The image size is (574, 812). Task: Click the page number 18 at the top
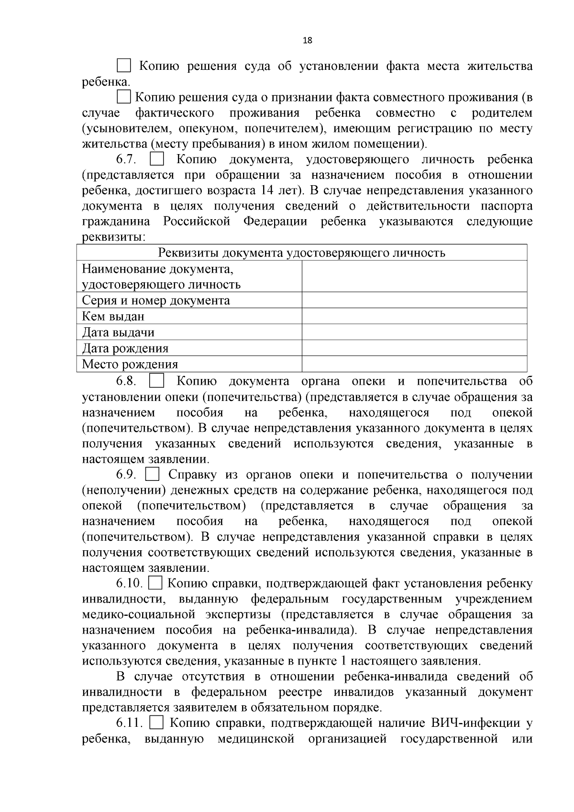[307, 41]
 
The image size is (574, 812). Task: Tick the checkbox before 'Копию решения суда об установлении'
[124, 66]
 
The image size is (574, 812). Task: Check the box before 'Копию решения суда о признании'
[124, 97]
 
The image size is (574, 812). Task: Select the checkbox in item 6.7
[156, 159]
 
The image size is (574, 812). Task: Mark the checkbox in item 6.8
[156, 381]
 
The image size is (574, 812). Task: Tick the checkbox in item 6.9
[152, 474]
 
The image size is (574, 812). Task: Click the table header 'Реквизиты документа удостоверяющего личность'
[301, 253]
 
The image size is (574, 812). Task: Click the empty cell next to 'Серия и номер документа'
[414, 300]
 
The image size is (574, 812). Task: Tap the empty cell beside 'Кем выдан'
[414, 316]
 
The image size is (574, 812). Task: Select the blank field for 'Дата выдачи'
[414, 332]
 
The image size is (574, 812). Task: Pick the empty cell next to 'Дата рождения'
[414, 348]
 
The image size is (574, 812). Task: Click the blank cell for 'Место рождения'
[414, 364]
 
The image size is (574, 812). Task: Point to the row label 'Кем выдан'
[113, 316]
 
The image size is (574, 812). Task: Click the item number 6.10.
[129, 584]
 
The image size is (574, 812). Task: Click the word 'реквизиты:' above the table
[114, 237]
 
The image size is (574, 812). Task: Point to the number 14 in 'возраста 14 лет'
[267, 190]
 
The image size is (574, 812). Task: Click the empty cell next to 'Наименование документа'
[414, 277]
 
